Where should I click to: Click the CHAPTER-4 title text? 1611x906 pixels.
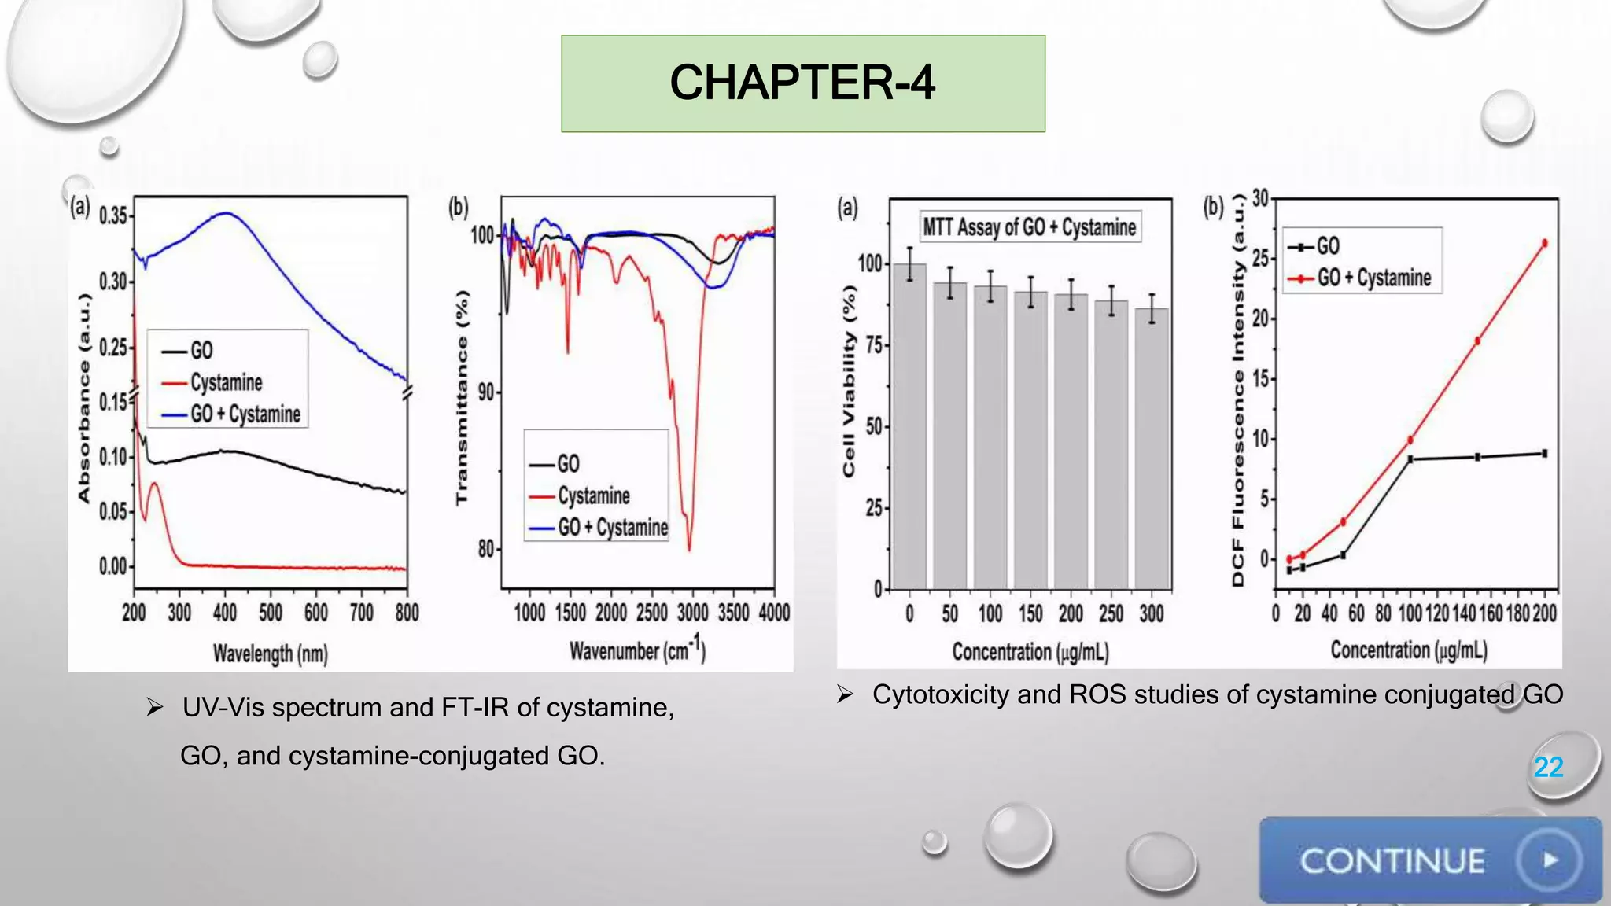[x=802, y=83]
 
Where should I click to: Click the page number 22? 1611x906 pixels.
[x=1548, y=767]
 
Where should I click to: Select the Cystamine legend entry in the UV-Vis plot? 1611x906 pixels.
[x=226, y=382]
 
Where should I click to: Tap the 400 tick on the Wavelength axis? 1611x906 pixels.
[x=225, y=613]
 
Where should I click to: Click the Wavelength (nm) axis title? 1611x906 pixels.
[x=270, y=654]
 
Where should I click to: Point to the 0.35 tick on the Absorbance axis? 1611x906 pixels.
[x=113, y=215]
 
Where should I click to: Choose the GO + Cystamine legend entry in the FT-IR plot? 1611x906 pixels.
[x=613, y=527]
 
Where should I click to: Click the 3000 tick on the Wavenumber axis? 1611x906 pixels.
[x=692, y=613]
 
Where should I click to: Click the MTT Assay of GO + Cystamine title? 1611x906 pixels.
[x=1030, y=227]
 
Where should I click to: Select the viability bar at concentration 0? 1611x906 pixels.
[x=910, y=429]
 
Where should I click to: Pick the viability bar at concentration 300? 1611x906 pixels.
[x=1152, y=450]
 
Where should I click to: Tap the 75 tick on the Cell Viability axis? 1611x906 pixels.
[x=873, y=345]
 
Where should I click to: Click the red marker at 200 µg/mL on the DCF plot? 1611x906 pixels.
[x=1545, y=243]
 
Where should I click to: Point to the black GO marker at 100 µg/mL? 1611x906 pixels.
[x=1410, y=459]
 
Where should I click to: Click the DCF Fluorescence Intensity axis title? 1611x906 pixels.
[x=1238, y=389]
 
